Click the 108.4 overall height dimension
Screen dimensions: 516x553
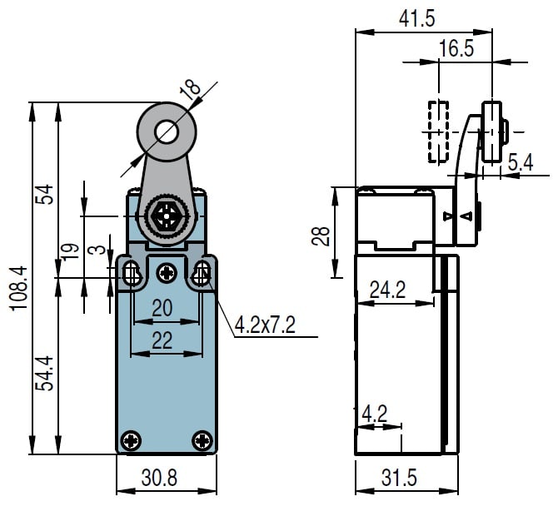tap(18, 288)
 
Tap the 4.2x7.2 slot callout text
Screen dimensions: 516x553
tap(265, 325)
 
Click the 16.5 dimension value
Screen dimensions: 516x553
tap(456, 48)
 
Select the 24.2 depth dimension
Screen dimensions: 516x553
tap(387, 290)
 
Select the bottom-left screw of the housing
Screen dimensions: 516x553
tap(131, 440)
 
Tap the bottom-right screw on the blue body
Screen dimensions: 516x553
tap(202, 440)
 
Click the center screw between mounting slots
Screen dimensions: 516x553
tap(167, 272)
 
